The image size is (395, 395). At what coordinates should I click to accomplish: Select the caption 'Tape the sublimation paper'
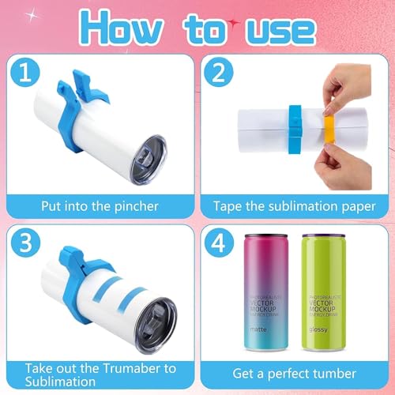[x=294, y=206]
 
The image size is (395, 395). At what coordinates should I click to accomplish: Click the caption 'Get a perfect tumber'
[x=294, y=371]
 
